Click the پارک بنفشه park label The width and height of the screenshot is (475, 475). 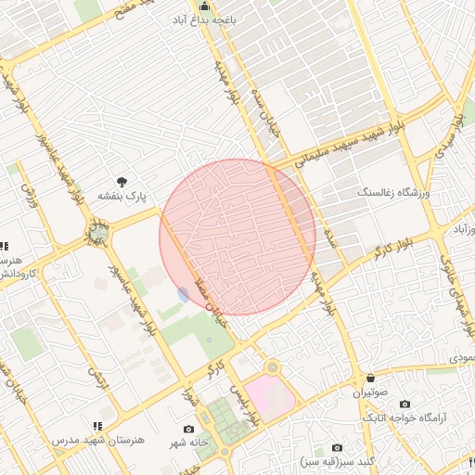coord(123,196)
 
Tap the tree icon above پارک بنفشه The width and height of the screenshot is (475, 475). coord(122,182)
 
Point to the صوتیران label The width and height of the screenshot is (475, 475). coord(371,393)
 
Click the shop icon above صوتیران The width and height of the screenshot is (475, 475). coord(371,379)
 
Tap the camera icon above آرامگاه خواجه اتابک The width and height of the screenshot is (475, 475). coord(404,404)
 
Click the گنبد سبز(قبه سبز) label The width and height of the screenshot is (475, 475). coord(337,461)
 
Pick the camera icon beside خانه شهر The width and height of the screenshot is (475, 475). coord(189,430)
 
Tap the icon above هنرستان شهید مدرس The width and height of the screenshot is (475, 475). coord(96,426)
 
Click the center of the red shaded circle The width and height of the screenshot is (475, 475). coord(237,237)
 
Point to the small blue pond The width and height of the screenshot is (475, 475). coord(183,294)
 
